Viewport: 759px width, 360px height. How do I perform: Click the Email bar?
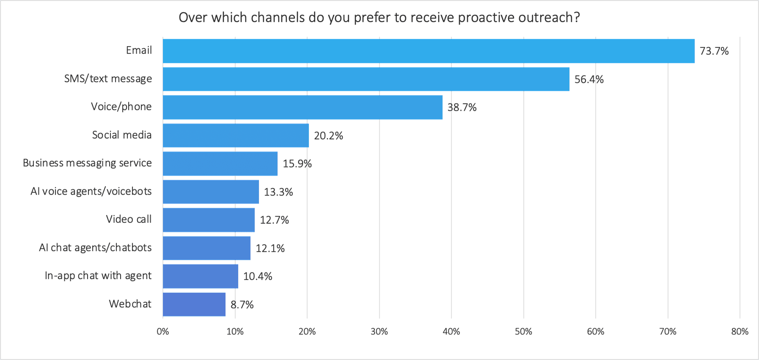coord(428,51)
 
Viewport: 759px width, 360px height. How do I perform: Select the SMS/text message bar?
coord(366,80)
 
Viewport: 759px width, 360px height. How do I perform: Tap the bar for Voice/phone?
coord(302,107)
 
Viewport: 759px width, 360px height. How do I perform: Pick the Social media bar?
coord(236,135)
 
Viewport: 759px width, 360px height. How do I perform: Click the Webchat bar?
coord(194,304)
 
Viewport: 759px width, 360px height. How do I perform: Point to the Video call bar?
coord(209,220)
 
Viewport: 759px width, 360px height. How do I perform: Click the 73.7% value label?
coord(714,51)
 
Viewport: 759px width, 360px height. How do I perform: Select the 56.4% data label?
coord(588,80)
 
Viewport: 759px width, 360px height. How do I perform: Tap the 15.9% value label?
coord(297,164)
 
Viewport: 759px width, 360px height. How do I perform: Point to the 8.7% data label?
coord(242,305)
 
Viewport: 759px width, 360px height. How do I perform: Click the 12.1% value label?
coord(270,248)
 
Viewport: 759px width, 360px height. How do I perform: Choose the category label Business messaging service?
coord(87,163)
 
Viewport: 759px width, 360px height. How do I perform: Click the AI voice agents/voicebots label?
coord(91,191)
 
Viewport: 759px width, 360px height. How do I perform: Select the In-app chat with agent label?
coord(98,276)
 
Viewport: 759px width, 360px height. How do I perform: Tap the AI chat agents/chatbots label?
coord(95,247)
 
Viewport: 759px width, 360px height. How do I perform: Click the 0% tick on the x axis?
coord(163,332)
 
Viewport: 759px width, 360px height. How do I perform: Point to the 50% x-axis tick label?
coord(523,332)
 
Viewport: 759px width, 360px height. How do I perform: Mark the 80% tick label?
coord(740,332)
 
